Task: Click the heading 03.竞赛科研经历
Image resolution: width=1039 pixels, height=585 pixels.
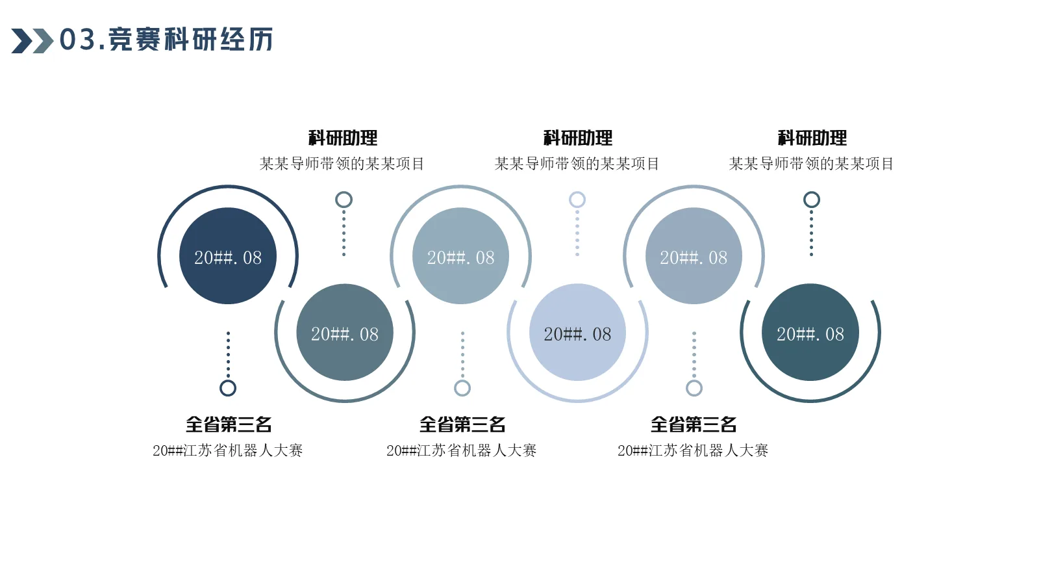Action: (166, 40)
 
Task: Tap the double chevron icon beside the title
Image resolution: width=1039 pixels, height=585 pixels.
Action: (32, 41)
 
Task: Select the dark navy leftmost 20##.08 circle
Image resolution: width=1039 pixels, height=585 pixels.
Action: (228, 256)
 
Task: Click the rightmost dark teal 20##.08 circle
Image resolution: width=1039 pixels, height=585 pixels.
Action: (810, 332)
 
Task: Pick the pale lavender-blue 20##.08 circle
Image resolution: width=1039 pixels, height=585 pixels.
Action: (577, 332)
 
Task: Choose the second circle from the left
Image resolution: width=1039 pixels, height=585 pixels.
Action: (345, 332)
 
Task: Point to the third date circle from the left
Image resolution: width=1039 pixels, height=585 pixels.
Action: (460, 256)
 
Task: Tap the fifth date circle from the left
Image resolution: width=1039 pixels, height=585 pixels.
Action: (694, 256)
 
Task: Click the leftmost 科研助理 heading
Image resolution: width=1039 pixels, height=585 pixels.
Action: (343, 138)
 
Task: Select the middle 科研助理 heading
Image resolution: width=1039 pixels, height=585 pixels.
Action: (577, 138)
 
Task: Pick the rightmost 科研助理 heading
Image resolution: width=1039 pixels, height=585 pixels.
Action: (812, 138)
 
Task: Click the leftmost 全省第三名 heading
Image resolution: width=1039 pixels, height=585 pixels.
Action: (229, 424)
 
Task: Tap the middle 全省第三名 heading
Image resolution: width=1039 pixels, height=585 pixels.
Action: (462, 424)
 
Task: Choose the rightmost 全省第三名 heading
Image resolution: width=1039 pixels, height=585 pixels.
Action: (694, 424)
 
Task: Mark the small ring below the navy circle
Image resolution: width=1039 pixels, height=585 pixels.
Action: (228, 388)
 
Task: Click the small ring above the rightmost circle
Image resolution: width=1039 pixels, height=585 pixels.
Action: (811, 200)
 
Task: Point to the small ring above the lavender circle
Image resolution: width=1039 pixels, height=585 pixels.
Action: (577, 200)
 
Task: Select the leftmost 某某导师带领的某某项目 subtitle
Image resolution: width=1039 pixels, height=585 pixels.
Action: (342, 164)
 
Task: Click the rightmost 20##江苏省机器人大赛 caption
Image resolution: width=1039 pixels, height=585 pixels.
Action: (693, 450)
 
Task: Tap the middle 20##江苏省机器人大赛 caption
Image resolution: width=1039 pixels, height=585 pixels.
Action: (461, 450)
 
